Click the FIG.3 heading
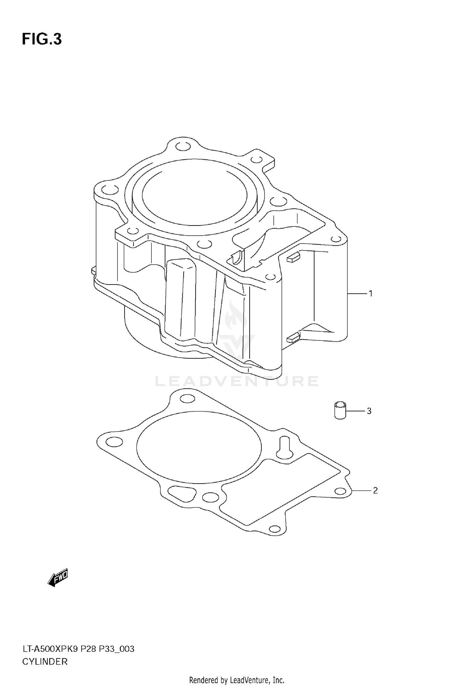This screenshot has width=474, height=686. [42, 39]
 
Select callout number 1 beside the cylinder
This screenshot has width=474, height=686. [370, 294]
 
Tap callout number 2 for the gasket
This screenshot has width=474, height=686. [375, 490]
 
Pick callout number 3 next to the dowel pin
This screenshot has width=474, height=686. [369, 411]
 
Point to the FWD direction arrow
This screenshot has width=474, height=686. [58, 578]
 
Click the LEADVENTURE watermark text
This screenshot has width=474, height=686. [237, 381]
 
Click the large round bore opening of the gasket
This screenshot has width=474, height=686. [199, 447]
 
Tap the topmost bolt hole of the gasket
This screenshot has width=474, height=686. [188, 399]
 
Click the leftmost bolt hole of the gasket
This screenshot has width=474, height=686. [114, 442]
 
